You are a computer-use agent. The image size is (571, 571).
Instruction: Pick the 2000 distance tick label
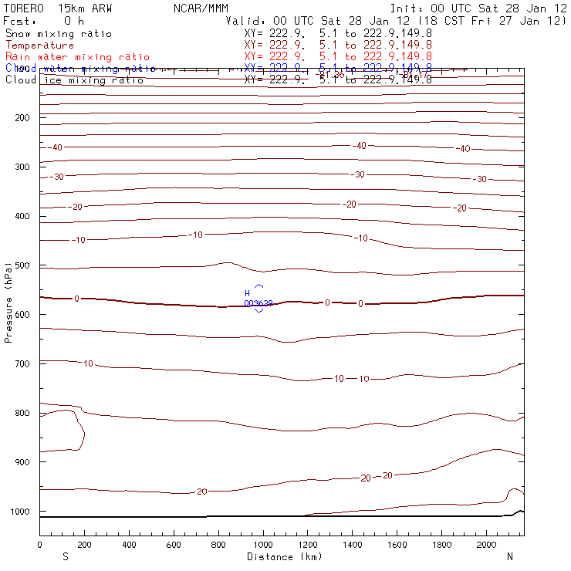coord(487,546)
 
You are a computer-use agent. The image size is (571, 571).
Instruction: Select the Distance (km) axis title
coord(284,556)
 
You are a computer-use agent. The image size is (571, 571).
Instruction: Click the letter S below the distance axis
coord(66,556)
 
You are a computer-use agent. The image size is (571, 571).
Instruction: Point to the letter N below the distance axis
coord(510,556)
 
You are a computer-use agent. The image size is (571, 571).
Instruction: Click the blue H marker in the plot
coord(248,294)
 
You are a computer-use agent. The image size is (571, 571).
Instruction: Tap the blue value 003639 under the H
coord(258,303)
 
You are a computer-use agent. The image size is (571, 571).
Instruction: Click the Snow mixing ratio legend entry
coord(58,34)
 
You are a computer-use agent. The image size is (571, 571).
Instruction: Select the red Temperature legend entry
coord(39,46)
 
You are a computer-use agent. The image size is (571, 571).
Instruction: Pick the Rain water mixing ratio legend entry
coord(77,57)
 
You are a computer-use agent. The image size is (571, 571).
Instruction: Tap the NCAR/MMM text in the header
coord(197,8)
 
